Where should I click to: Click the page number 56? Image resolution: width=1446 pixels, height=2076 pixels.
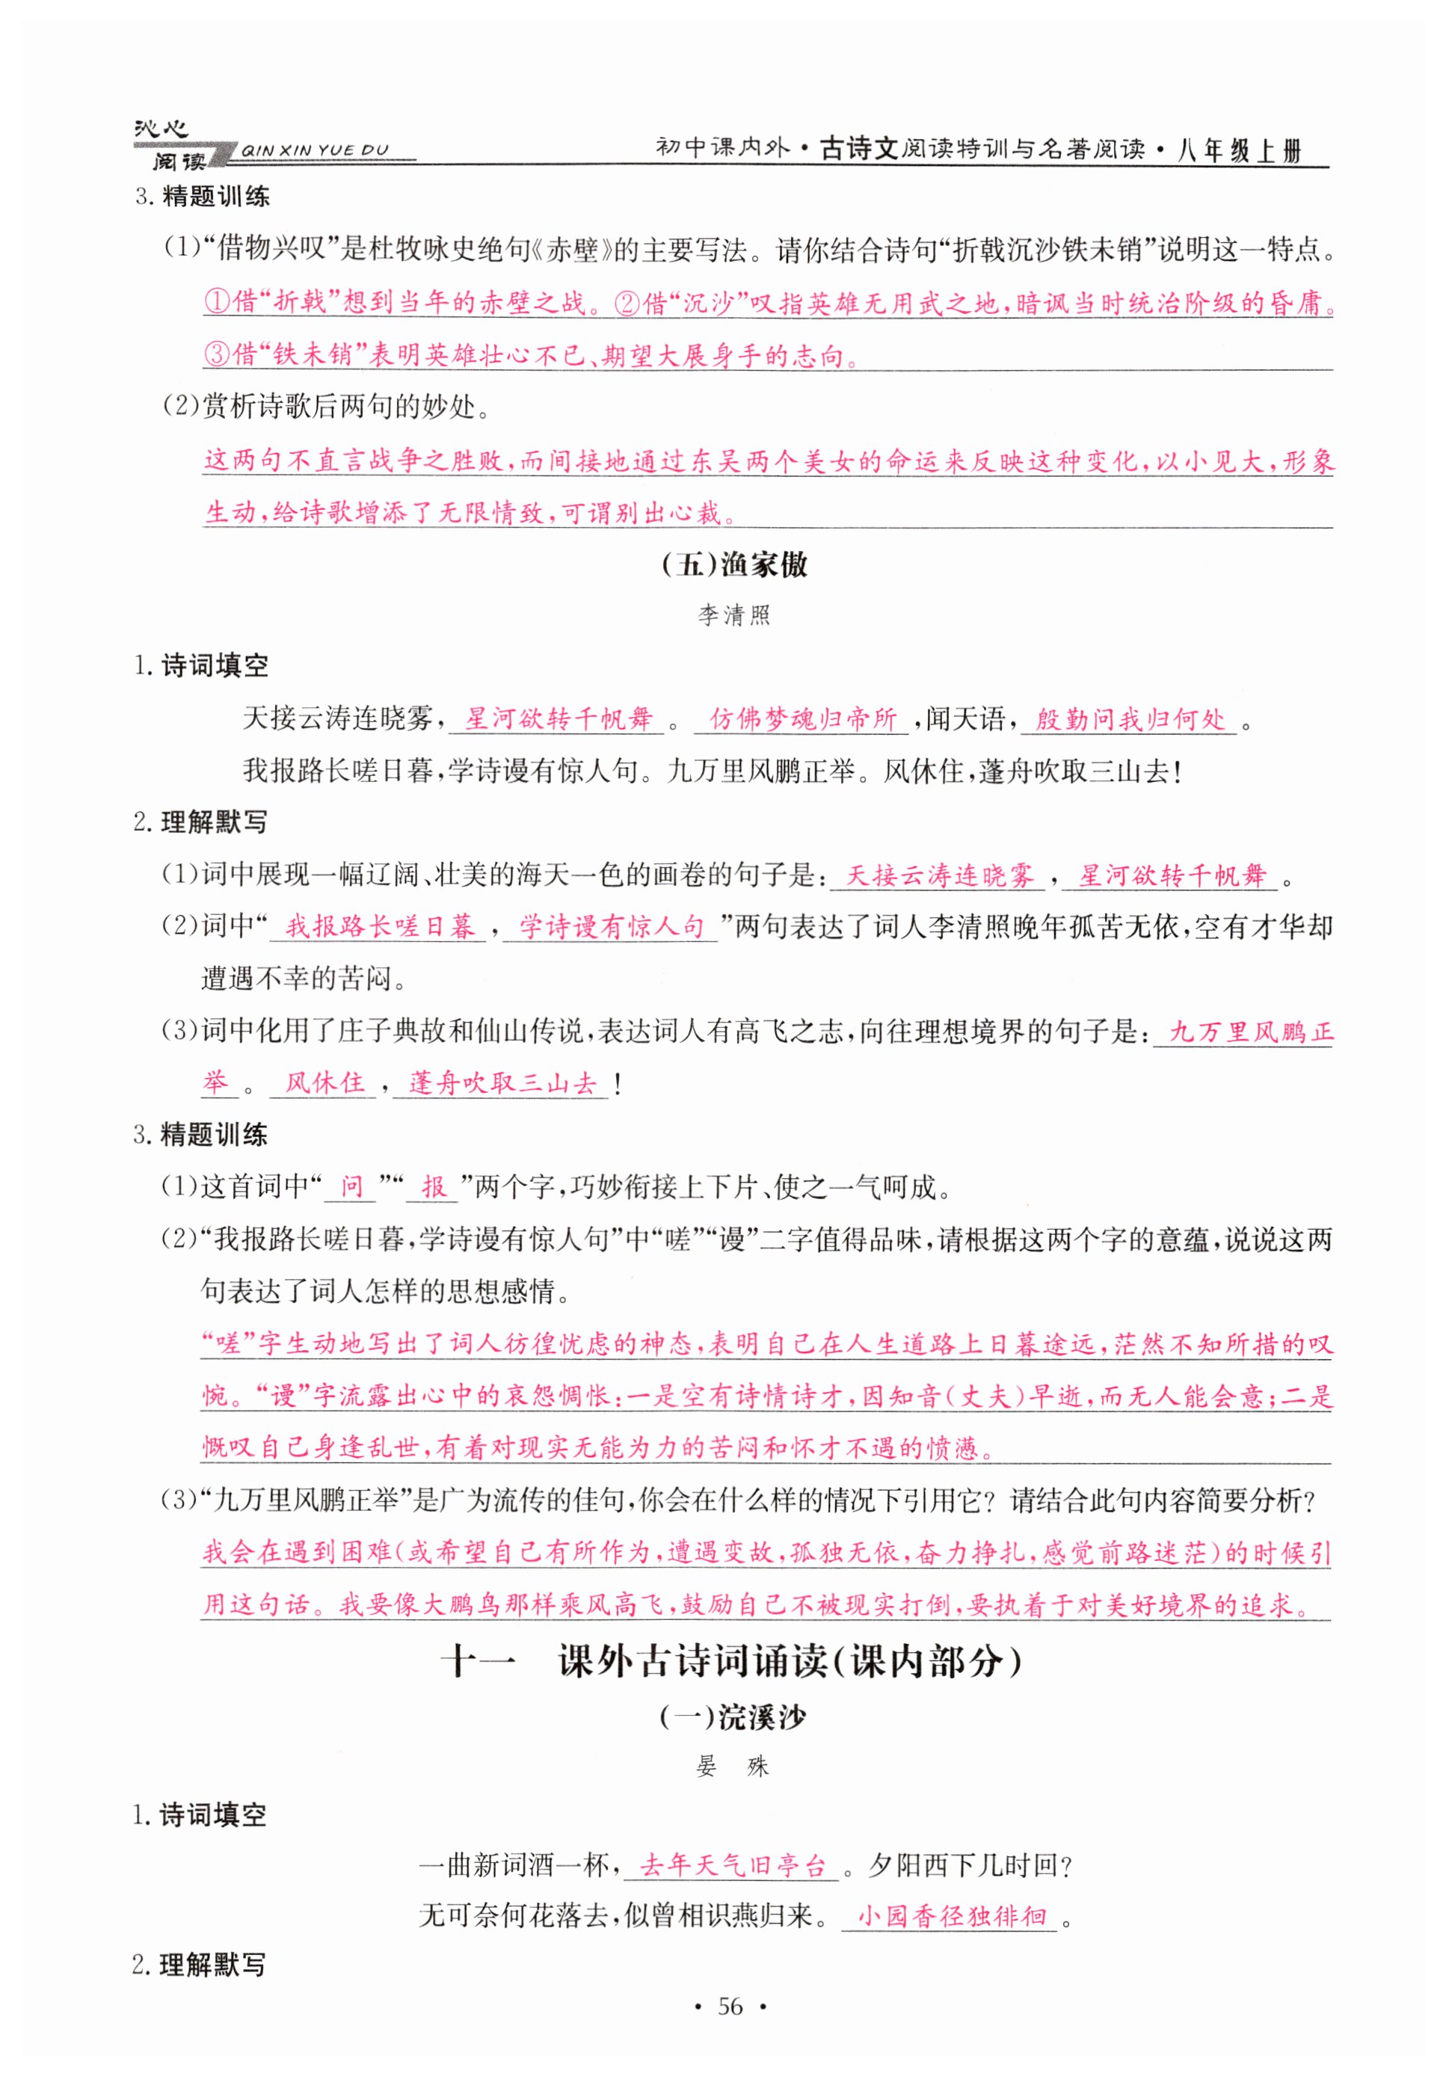pos(729,2006)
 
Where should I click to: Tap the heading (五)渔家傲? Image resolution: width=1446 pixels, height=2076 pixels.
pos(734,565)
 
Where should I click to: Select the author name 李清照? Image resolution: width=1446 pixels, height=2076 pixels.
pos(733,616)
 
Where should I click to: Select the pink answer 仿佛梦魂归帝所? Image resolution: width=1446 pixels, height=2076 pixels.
pos(802,719)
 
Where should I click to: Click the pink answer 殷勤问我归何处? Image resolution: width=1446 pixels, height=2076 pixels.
pos(1130,720)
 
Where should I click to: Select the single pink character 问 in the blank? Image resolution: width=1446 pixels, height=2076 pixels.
pos(351,1186)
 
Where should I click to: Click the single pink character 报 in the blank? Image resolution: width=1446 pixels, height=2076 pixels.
pos(433,1186)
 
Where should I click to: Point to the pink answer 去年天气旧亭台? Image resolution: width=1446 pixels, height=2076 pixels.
pos(733,1864)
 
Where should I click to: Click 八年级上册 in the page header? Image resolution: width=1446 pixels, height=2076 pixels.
pos(1239,151)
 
